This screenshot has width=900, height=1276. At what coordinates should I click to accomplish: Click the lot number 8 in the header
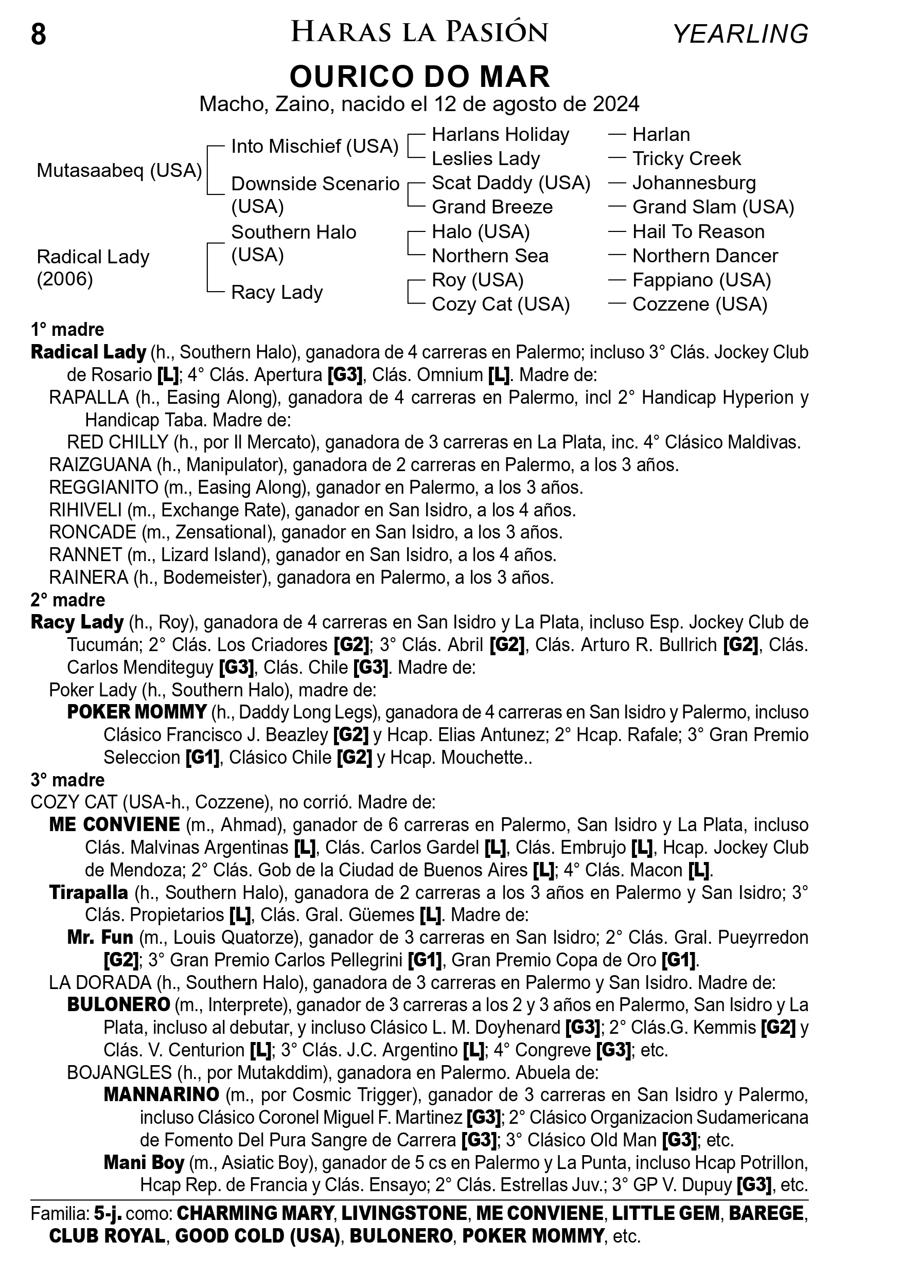point(39,34)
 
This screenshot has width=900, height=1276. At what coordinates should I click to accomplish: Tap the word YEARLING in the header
point(740,34)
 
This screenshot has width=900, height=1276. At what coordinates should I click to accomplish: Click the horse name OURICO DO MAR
point(420,77)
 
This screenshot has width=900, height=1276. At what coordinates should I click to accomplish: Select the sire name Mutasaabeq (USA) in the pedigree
point(119,170)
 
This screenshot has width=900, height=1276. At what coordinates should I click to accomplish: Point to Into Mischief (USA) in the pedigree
point(314,146)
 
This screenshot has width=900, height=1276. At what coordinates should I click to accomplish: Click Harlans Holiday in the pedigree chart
point(500,134)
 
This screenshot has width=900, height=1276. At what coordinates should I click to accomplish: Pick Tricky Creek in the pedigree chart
point(686,158)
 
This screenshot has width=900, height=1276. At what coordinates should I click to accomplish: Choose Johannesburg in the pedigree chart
point(694,183)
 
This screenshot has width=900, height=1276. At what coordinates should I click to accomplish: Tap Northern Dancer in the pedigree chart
point(705,256)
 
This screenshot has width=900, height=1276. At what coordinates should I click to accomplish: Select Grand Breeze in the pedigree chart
point(492,207)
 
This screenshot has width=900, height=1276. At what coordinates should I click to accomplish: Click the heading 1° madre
point(67,330)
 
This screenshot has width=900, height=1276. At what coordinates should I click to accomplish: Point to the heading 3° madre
point(67,780)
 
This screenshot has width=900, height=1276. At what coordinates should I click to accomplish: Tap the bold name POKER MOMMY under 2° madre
point(137,712)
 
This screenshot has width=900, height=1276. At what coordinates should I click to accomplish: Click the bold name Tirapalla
point(89,892)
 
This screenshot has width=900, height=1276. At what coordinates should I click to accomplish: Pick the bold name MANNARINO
point(161,1094)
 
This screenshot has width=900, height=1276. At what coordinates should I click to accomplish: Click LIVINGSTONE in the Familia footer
point(404,1213)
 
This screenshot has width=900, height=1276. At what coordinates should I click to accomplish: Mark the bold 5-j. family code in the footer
point(108,1213)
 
